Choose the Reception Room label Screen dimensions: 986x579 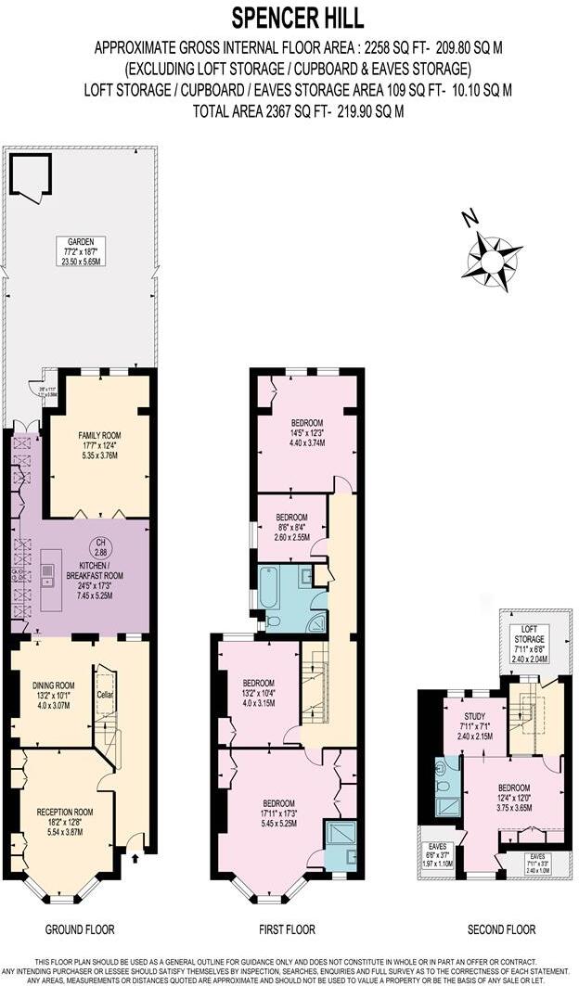[61, 819]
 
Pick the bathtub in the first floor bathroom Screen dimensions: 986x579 [269, 593]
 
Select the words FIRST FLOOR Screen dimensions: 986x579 [287, 928]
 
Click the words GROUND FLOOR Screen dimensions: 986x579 [79, 928]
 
